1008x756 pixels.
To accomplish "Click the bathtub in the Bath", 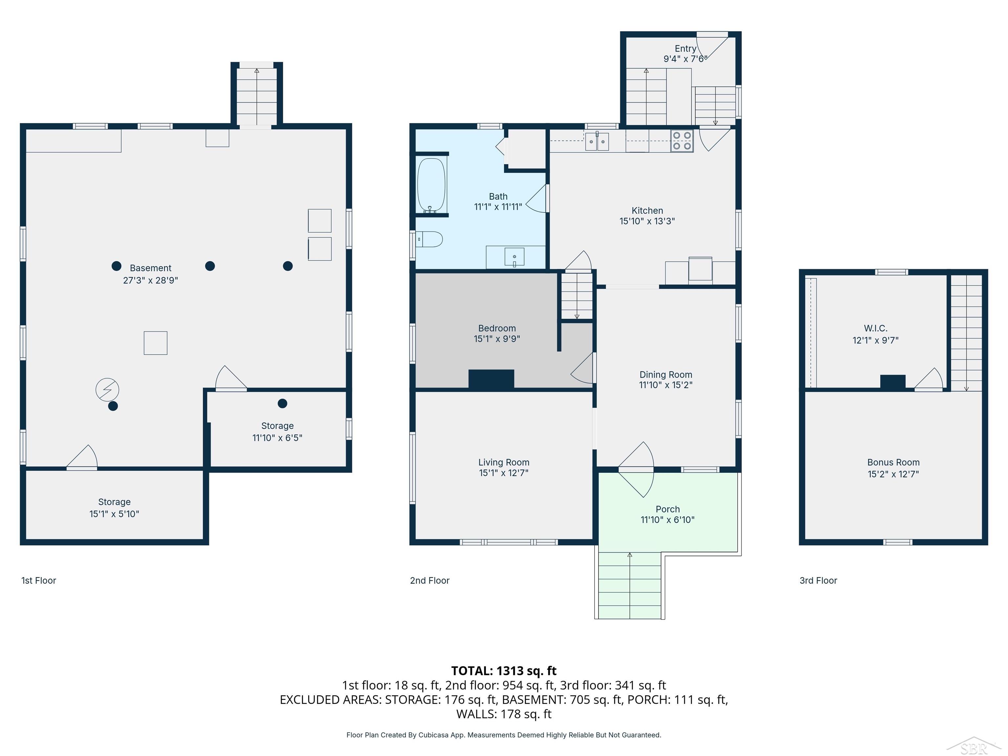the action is (x=431, y=185).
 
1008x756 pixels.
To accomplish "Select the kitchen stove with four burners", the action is (x=682, y=140).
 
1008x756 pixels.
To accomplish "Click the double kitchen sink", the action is (x=597, y=141).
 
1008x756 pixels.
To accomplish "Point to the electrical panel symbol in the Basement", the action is (x=107, y=389).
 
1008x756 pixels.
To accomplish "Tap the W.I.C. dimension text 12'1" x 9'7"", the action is (x=875, y=340).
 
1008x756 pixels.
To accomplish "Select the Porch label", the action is (x=668, y=509).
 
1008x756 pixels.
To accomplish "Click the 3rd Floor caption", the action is (x=818, y=580).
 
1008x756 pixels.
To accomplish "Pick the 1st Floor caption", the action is (x=39, y=580).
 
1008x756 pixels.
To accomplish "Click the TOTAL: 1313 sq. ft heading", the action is (x=504, y=671).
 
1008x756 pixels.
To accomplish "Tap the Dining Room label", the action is (x=666, y=375).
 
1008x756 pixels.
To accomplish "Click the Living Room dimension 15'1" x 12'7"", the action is (x=504, y=473).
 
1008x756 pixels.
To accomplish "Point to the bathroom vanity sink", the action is (x=514, y=257).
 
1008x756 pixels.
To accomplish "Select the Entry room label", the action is (x=685, y=48).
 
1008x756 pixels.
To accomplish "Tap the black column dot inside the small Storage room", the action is (x=283, y=403).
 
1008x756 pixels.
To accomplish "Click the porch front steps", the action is (x=630, y=586).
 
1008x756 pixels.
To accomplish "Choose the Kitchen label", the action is (x=647, y=211).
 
